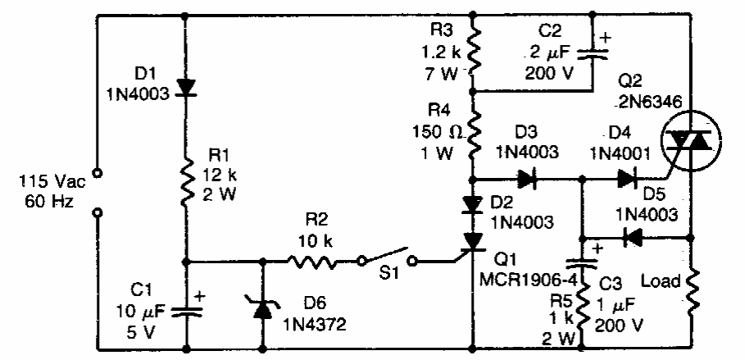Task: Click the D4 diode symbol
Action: [x=628, y=178]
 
